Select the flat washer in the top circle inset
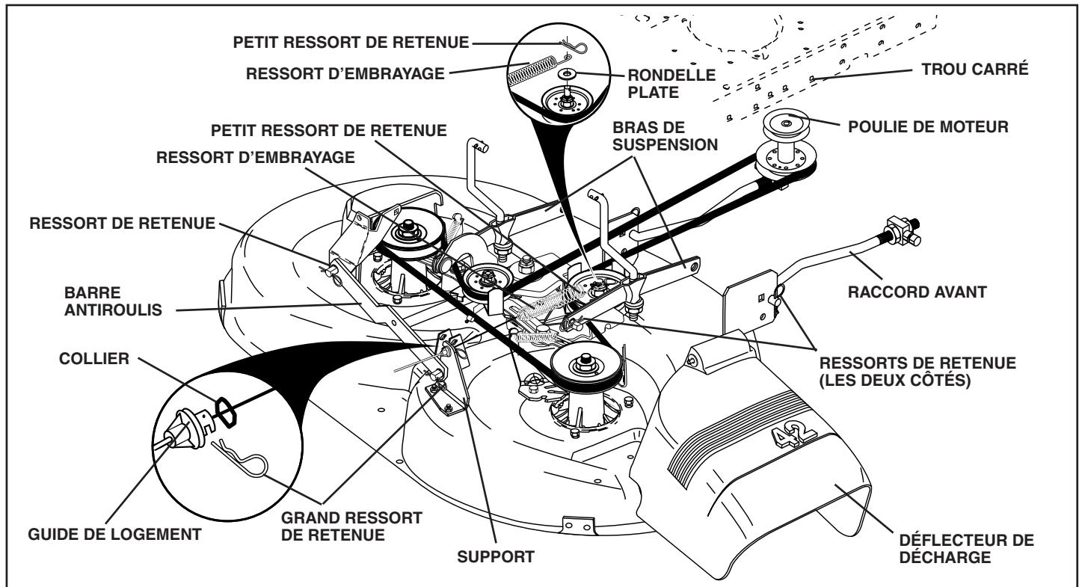(568, 74)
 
